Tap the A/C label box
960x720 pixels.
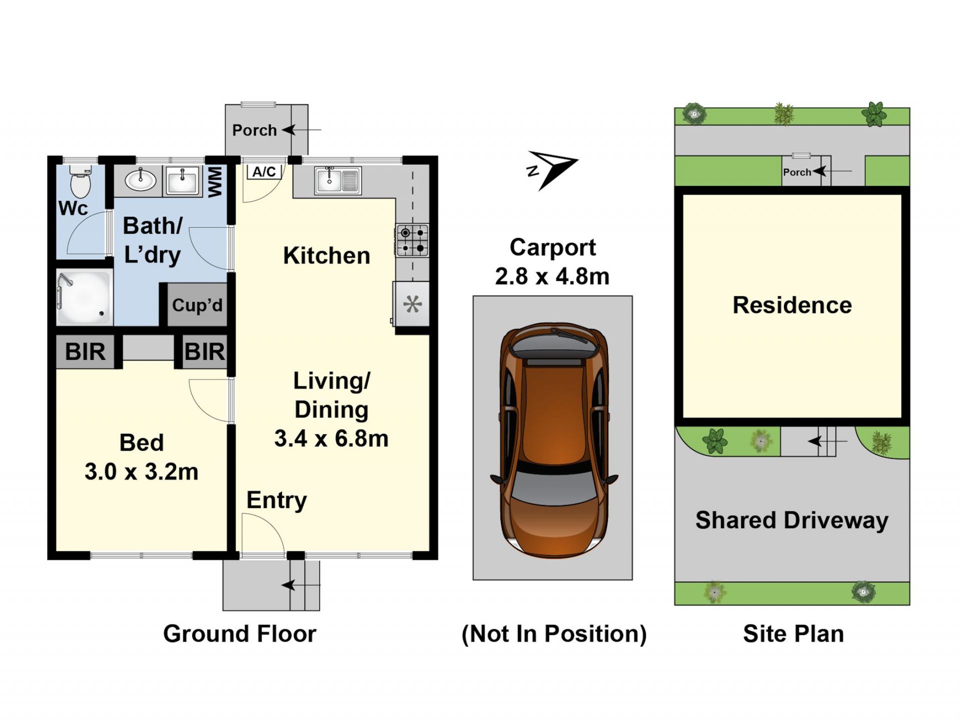coord(264,171)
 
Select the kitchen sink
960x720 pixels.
coord(337,180)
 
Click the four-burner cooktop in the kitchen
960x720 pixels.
coord(412,240)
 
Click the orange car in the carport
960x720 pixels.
coord(554,440)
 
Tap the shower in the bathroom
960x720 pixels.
coord(84,297)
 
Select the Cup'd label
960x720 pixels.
coord(197,305)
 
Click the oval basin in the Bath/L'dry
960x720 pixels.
coord(140,180)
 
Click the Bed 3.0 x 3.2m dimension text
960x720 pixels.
coord(141,457)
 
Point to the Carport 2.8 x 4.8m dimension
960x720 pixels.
coord(552,261)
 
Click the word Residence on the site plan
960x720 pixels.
coord(792,305)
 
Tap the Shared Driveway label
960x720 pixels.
coord(792,520)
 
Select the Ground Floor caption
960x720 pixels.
coord(239,633)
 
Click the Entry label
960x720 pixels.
coord(276,500)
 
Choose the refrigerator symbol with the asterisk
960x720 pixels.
coord(412,304)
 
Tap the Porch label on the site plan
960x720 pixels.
coord(797,172)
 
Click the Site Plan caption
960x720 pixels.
coord(793,633)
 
